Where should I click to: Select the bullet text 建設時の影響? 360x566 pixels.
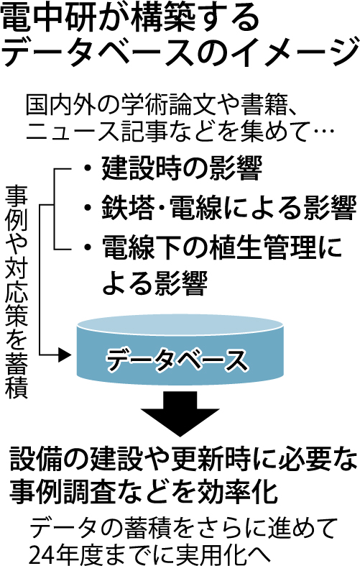(182, 168)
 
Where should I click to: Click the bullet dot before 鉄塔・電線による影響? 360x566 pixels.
(87, 209)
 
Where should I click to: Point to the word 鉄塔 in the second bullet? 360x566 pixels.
(128, 209)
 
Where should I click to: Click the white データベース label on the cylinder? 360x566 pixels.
(177, 359)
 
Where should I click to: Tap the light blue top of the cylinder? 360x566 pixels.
(180, 325)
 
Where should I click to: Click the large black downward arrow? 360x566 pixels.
(180, 414)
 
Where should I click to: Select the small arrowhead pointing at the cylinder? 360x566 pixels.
(65, 355)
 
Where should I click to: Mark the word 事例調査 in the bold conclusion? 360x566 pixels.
(62, 492)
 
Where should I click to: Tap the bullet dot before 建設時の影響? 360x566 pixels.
(87, 168)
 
